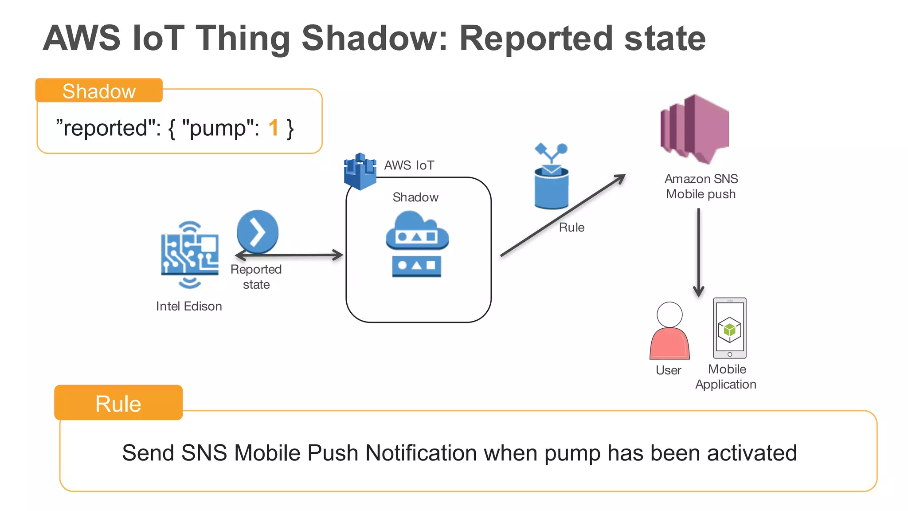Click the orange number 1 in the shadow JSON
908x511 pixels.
(x=273, y=128)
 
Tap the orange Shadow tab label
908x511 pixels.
(x=99, y=91)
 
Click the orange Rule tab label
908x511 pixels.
(x=118, y=403)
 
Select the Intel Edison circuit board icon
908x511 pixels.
(x=190, y=255)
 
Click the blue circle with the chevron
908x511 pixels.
(x=258, y=231)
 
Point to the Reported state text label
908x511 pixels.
(x=256, y=277)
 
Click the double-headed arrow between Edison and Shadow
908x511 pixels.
(x=289, y=255)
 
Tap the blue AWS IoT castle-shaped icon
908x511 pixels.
(x=360, y=171)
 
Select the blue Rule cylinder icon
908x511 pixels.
(x=551, y=186)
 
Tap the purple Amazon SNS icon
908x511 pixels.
(x=694, y=129)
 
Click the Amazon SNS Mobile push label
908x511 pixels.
(x=701, y=186)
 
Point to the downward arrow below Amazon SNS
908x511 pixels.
(x=699, y=253)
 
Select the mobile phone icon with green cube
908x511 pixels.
(x=729, y=328)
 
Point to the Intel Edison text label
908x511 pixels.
(x=189, y=306)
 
